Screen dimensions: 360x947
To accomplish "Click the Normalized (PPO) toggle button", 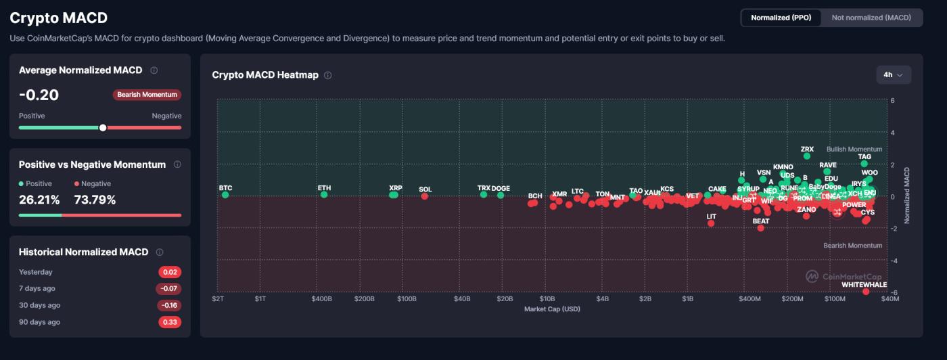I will tap(781, 18).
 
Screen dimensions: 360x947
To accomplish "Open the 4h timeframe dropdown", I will tap(893, 75).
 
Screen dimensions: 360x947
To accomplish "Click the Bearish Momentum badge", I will tap(147, 95).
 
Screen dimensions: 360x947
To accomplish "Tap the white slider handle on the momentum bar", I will tap(103, 127).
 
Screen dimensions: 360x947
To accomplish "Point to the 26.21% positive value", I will tap(39, 200).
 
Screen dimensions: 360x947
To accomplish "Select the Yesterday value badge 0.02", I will tap(170, 272).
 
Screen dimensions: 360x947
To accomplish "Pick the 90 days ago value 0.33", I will tap(170, 322).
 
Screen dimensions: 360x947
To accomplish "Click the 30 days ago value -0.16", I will tap(169, 305).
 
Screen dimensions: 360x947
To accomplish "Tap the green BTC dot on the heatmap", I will tap(225, 195).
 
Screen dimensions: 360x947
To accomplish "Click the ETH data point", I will tap(324, 195).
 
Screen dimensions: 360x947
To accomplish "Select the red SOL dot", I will tap(425, 196).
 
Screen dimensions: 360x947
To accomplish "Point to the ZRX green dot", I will tap(807, 156).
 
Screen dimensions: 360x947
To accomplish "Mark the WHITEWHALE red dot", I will tap(866, 292).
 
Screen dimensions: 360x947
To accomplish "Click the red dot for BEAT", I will tap(761, 228).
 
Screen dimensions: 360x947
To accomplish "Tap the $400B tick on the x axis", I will tap(321, 298).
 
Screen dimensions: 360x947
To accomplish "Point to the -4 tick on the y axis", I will tap(893, 261).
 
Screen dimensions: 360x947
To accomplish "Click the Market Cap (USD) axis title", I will tap(552, 309).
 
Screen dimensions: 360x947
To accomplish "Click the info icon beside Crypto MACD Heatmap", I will tap(328, 75).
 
